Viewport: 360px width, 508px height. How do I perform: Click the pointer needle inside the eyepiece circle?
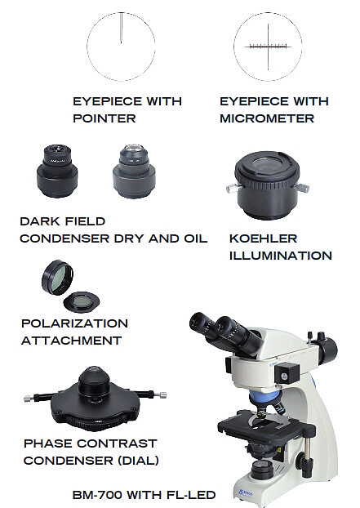point(121,28)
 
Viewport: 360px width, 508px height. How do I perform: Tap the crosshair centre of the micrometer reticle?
point(268,47)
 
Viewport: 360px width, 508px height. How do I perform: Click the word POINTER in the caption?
point(104,118)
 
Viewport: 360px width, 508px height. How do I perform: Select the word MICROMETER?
point(267,118)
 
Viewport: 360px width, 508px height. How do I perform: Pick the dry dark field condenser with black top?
point(57,171)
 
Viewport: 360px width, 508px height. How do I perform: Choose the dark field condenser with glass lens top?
point(134,171)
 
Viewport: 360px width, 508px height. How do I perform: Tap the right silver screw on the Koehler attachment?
point(301,188)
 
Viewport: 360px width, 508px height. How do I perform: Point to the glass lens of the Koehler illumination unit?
point(267,165)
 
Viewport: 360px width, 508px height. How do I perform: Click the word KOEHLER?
point(263,238)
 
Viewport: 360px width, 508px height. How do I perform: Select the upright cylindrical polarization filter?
point(58,278)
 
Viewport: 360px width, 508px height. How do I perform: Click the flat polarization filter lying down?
point(82,302)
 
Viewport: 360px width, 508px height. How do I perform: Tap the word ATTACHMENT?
point(72,341)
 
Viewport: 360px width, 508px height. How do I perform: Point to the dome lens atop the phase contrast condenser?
point(94,370)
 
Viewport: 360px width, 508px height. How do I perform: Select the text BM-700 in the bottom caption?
point(97,495)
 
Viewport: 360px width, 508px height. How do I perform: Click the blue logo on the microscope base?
point(245,492)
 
